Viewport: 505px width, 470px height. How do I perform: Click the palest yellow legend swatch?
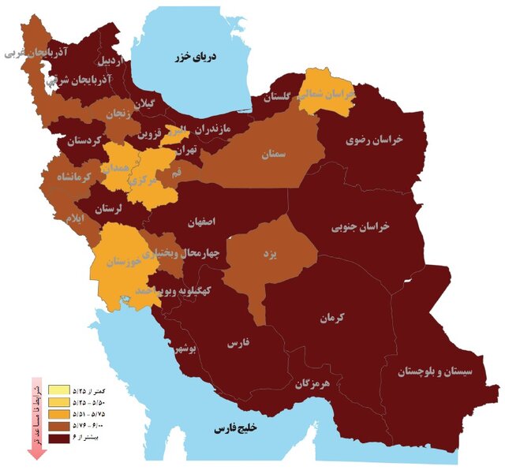tap(59, 390)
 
